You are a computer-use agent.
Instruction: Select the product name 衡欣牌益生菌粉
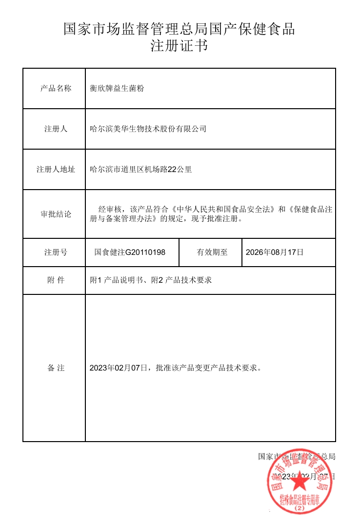tap(117, 88)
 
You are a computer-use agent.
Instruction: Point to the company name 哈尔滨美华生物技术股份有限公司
tap(148, 129)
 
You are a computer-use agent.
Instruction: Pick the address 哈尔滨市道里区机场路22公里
tap(141, 170)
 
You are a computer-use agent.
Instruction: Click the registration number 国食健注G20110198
tap(130, 252)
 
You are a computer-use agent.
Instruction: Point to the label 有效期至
tap(212, 252)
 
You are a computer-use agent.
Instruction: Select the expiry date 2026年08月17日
tap(275, 252)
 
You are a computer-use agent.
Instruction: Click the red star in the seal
tap(300, 482)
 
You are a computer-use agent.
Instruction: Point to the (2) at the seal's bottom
tap(300, 508)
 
